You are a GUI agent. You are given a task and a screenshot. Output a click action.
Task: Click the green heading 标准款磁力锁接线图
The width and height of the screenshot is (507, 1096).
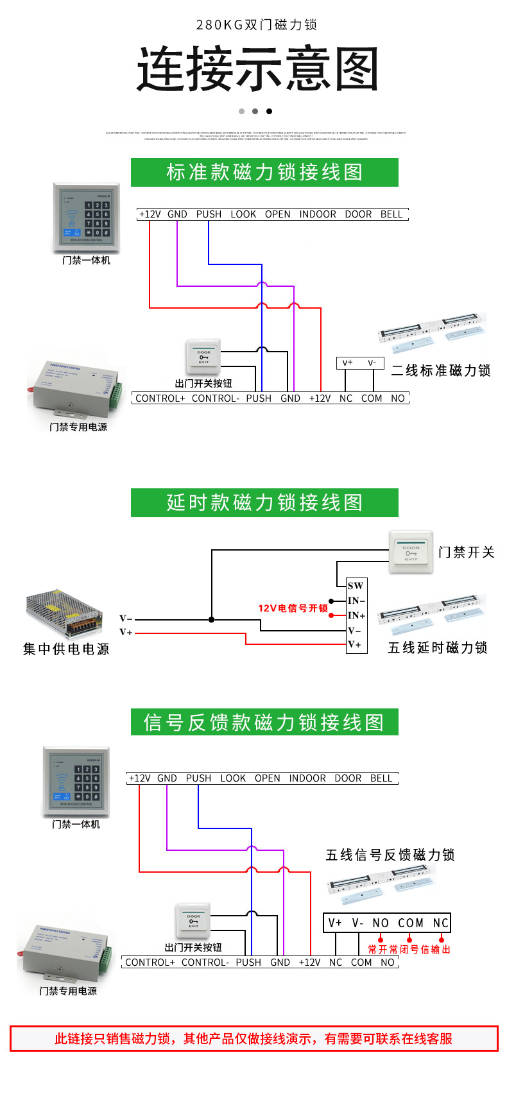click(x=264, y=172)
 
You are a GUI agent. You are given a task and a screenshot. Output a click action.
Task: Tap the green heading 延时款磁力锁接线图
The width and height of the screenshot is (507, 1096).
click(x=264, y=502)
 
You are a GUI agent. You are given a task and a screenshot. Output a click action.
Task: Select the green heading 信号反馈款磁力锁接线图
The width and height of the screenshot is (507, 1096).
click(x=264, y=723)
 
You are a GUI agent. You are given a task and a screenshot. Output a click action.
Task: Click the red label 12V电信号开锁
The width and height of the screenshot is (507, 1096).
click(x=293, y=608)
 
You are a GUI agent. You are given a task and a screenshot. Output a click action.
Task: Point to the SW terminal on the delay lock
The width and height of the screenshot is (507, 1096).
click(x=356, y=585)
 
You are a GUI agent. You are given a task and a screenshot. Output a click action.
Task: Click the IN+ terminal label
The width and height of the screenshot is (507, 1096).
click(x=356, y=615)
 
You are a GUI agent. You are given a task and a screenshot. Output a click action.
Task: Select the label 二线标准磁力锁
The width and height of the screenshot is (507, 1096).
click(x=441, y=370)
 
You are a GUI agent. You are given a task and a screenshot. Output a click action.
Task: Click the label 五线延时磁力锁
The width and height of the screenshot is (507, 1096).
click(x=438, y=647)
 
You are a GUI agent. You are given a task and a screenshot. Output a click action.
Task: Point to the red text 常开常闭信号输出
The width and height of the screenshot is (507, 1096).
click(x=409, y=949)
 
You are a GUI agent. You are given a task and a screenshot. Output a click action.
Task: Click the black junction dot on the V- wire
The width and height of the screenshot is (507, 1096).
click(x=212, y=619)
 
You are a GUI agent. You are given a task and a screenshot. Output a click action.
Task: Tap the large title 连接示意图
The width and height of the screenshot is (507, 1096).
click(x=257, y=69)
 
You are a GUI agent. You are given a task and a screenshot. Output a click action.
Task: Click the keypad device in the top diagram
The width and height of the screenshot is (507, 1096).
click(x=86, y=218)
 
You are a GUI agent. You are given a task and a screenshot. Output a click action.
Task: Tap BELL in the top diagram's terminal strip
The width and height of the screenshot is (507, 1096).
click(x=391, y=214)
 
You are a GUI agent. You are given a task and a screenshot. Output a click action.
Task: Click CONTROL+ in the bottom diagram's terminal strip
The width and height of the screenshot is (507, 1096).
click(x=150, y=962)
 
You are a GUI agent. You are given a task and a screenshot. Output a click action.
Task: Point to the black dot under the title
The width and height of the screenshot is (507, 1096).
click(x=269, y=112)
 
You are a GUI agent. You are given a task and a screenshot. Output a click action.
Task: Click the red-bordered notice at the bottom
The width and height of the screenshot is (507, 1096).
click(x=253, y=1038)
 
